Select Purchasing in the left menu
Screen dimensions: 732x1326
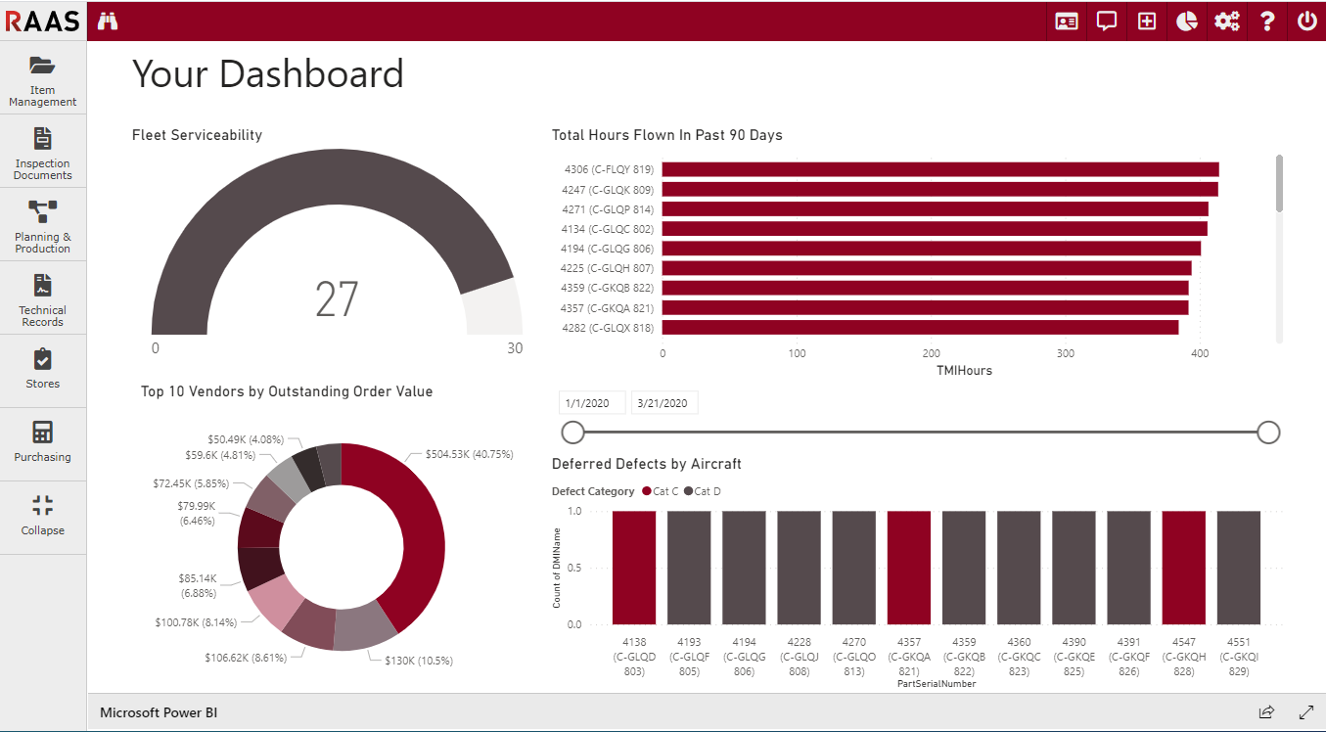click(43, 442)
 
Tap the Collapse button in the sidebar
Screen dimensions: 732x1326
click(43, 516)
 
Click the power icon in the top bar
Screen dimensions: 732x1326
click(1306, 21)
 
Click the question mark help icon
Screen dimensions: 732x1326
click(1267, 21)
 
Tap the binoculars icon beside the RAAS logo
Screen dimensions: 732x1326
click(108, 21)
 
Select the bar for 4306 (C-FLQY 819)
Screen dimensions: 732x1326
click(939, 169)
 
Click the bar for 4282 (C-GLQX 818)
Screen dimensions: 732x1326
click(920, 327)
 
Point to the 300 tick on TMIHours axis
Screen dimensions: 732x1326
click(1066, 353)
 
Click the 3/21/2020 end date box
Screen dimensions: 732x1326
click(663, 403)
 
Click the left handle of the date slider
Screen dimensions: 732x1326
click(572, 433)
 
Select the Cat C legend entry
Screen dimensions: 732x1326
click(661, 491)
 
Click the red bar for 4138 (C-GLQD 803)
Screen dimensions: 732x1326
click(634, 568)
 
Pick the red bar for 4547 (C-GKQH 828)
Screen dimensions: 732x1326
click(1184, 568)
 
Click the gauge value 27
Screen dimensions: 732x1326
click(337, 299)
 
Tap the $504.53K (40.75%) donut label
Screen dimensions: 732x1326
click(470, 455)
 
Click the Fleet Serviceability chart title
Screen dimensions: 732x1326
click(197, 135)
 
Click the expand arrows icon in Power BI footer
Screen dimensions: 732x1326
click(1305, 712)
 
